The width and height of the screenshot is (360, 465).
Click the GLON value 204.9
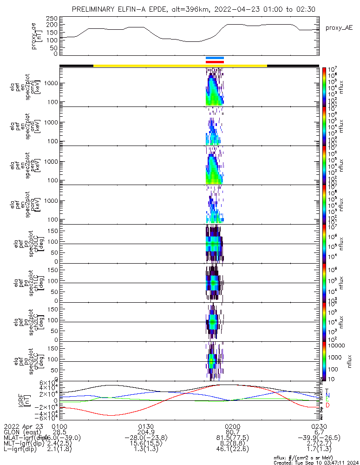146,432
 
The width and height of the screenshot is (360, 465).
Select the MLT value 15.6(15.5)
146,443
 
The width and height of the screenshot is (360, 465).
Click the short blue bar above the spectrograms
215,58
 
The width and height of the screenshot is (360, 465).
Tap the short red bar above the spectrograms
215,61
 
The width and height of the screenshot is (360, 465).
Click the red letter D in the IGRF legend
327,405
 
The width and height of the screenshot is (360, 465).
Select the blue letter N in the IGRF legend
327,395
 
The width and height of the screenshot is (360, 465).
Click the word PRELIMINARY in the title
95,9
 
